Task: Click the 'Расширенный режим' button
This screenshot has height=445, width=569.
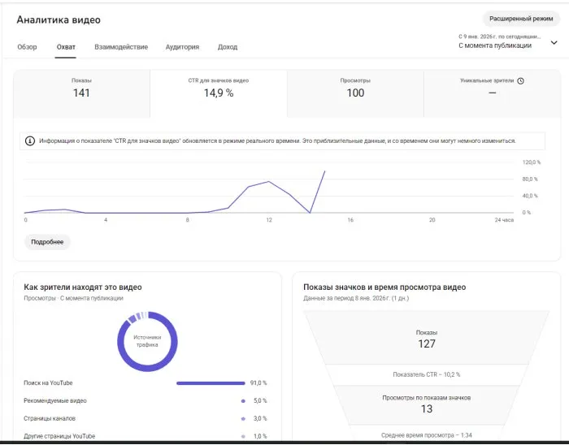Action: (x=521, y=19)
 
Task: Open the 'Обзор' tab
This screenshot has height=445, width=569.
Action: (x=27, y=47)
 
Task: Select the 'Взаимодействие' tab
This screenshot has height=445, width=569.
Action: (x=121, y=47)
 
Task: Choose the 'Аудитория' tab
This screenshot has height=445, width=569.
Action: (x=182, y=47)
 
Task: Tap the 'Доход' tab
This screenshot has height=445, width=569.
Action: (x=228, y=47)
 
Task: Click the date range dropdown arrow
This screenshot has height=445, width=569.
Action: (x=554, y=43)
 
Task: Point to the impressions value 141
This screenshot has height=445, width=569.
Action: (x=81, y=93)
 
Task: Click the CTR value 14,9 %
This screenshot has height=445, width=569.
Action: (x=219, y=93)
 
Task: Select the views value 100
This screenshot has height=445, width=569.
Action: (x=355, y=93)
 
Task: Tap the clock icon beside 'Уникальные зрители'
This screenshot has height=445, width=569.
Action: (x=520, y=81)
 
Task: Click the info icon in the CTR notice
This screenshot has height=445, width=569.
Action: (x=30, y=140)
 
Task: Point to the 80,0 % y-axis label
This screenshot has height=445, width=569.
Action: (x=530, y=179)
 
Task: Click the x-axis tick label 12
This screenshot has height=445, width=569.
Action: (x=269, y=220)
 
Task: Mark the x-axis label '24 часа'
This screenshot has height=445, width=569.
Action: (x=504, y=220)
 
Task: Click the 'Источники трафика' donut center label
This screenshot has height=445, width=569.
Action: (x=147, y=341)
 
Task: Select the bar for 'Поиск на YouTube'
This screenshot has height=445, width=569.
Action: (x=211, y=383)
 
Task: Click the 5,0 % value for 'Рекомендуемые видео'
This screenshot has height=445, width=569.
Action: (x=260, y=401)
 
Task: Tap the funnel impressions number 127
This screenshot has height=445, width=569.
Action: (x=427, y=343)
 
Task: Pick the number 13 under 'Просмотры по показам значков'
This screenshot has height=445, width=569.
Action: (x=427, y=409)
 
